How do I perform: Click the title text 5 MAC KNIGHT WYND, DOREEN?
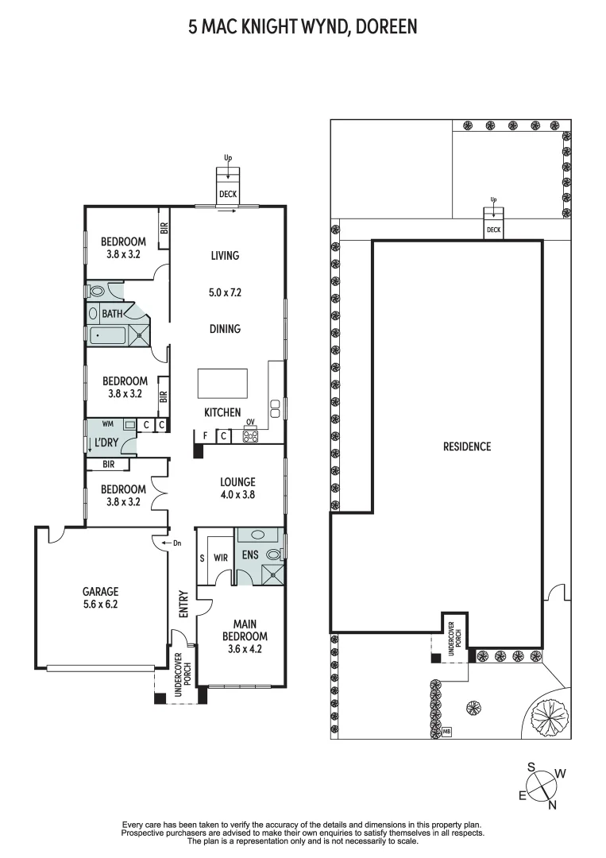point(303,28)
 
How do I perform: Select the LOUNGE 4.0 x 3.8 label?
point(237,488)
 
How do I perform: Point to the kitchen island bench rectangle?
point(222,384)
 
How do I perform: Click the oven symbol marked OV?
point(250,435)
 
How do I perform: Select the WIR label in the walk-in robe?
point(221,558)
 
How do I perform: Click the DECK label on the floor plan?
point(228,193)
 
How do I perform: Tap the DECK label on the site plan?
point(493,230)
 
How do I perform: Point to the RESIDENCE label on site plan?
point(466,446)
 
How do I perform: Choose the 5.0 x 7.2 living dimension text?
point(225,292)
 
